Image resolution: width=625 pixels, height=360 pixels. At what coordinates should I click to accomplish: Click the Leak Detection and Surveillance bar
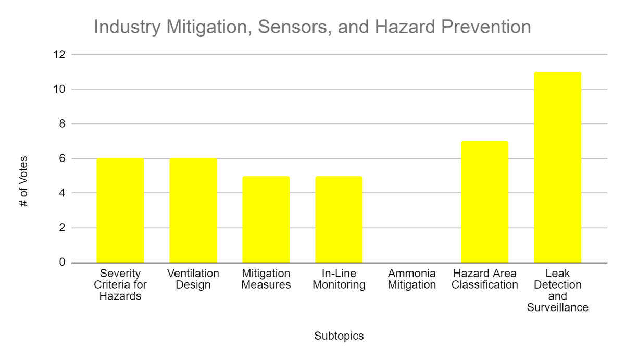click(x=557, y=167)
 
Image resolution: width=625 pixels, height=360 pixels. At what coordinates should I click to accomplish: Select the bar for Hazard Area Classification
click(x=485, y=202)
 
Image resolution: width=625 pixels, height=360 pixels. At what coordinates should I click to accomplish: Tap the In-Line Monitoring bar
click(x=339, y=219)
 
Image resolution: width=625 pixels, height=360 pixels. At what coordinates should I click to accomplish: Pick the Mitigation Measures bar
click(x=266, y=219)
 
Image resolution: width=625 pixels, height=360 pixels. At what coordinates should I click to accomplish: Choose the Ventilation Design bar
click(x=193, y=210)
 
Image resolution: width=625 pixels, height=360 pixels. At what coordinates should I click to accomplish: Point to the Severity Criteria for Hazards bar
click(x=120, y=210)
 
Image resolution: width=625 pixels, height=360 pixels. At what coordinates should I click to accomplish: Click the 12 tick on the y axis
click(x=59, y=54)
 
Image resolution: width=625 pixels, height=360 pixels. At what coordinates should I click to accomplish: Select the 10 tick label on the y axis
click(x=59, y=89)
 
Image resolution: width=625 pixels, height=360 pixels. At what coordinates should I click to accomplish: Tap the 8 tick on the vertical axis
click(x=62, y=123)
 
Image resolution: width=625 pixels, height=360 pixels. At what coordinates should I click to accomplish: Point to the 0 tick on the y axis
click(x=62, y=262)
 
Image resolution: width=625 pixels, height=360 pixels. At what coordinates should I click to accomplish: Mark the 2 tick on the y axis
click(x=62, y=228)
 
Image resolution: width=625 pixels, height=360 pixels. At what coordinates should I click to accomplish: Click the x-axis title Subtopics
click(x=339, y=336)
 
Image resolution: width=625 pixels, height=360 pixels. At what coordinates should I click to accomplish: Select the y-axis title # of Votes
click(x=23, y=181)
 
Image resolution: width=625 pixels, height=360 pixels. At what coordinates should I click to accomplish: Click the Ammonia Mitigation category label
click(x=412, y=279)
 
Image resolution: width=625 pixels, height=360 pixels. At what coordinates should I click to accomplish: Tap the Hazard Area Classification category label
click(x=485, y=279)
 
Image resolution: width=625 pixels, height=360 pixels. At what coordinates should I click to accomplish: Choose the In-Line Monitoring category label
click(x=339, y=279)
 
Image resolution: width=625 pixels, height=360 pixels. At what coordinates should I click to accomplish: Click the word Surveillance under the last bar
click(x=557, y=307)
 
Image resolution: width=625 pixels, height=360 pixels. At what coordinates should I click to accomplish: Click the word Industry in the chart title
click(x=127, y=27)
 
